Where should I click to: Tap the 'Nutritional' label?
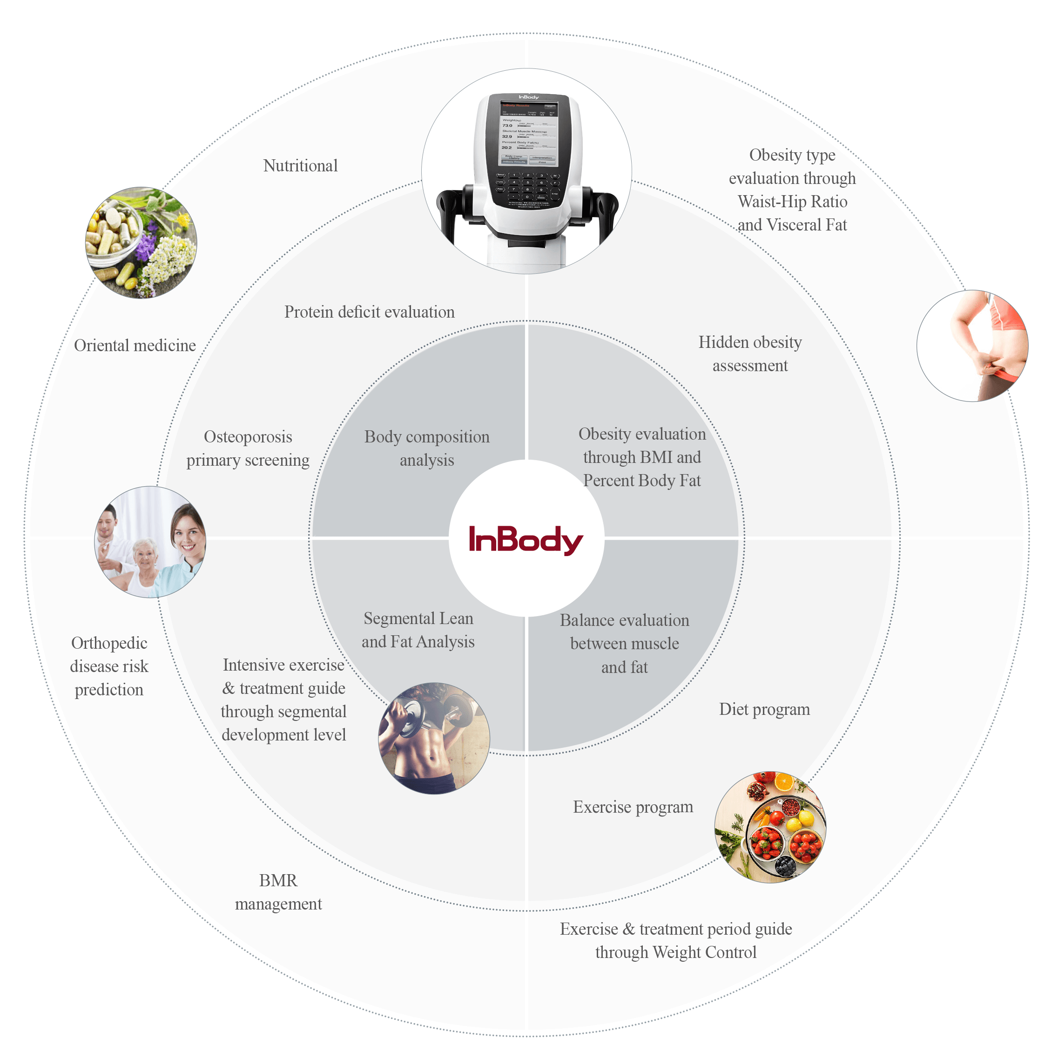(x=300, y=166)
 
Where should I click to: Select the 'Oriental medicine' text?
(x=135, y=346)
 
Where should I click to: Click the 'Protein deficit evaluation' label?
(x=369, y=312)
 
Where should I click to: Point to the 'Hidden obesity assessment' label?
(x=749, y=353)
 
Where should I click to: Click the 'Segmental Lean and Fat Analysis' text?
(x=418, y=630)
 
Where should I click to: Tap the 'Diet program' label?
(x=764, y=709)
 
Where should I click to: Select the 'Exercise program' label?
(x=633, y=807)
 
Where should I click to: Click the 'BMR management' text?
(x=278, y=892)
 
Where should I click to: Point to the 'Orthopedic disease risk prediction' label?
(x=109, y=666)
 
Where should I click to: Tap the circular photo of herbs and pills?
(x=141, y=243)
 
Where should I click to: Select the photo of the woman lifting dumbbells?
(x=433, y=738)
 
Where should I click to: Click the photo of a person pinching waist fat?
(x=972, y=346)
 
